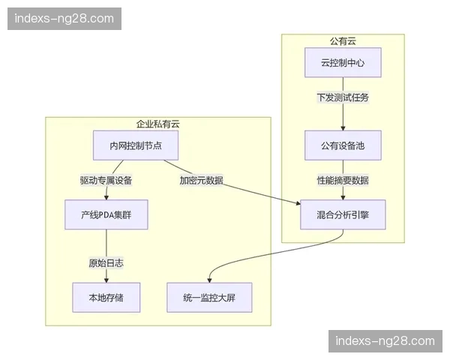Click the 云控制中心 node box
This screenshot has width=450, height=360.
[343, 63]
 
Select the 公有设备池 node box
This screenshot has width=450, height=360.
[343, 145]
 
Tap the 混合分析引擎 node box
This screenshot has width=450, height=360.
[343, 214]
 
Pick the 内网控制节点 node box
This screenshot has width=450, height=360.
[129, 145]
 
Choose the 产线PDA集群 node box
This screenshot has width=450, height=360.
[106, 214]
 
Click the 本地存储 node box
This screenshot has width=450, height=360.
[106, 298]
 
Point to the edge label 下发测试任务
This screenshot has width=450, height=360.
[343, 98]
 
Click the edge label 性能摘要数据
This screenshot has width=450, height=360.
[343, 181]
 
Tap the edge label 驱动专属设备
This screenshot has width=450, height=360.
[106, 181]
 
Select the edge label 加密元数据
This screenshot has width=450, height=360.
[201, 181]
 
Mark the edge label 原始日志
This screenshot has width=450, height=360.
[106, 263]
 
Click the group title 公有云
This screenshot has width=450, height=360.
[343, 40]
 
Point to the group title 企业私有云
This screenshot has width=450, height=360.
[157, 124]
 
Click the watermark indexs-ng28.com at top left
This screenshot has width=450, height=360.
[65, 18]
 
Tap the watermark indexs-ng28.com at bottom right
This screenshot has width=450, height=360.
[384, 341]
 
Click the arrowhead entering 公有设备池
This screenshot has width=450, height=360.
[343, 128]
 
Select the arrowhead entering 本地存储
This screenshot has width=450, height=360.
[106, 280]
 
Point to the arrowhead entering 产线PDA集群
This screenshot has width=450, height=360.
[106, 197]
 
